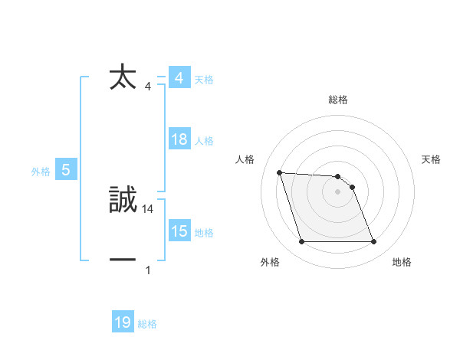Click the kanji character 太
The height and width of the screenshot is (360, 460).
(x=123, y=77)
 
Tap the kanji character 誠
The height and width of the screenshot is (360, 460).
(x=123, y=200)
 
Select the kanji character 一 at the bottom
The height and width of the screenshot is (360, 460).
(x=123, y=260)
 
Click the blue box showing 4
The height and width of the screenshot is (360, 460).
(x=179, y=78)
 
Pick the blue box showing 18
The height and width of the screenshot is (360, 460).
(x=179, y=139)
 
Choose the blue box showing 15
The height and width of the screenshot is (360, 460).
(x=179, y=231)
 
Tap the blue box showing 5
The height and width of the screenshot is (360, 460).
(x=66, y=170)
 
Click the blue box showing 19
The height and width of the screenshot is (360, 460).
(x=123, y=322)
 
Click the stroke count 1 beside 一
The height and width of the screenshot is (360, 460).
(x=148, y=270)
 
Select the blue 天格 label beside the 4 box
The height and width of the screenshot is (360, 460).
(x=204, y=80)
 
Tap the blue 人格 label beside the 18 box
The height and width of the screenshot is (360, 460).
(x=204, y=141)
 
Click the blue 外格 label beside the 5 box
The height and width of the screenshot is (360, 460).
(x=41, y=172)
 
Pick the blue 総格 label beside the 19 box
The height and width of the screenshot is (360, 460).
(x=147, y=324)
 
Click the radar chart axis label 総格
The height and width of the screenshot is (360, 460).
(x=337, y=100)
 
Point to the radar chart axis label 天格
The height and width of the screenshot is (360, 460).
(x=432, y=159)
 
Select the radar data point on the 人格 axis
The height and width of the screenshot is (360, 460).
(x=279, y=172)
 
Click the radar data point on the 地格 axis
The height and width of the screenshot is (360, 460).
(x=373, y=242)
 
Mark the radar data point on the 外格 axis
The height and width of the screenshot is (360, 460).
(x=301, y=242)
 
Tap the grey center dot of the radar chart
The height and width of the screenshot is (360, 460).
(x=337, y=192)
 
